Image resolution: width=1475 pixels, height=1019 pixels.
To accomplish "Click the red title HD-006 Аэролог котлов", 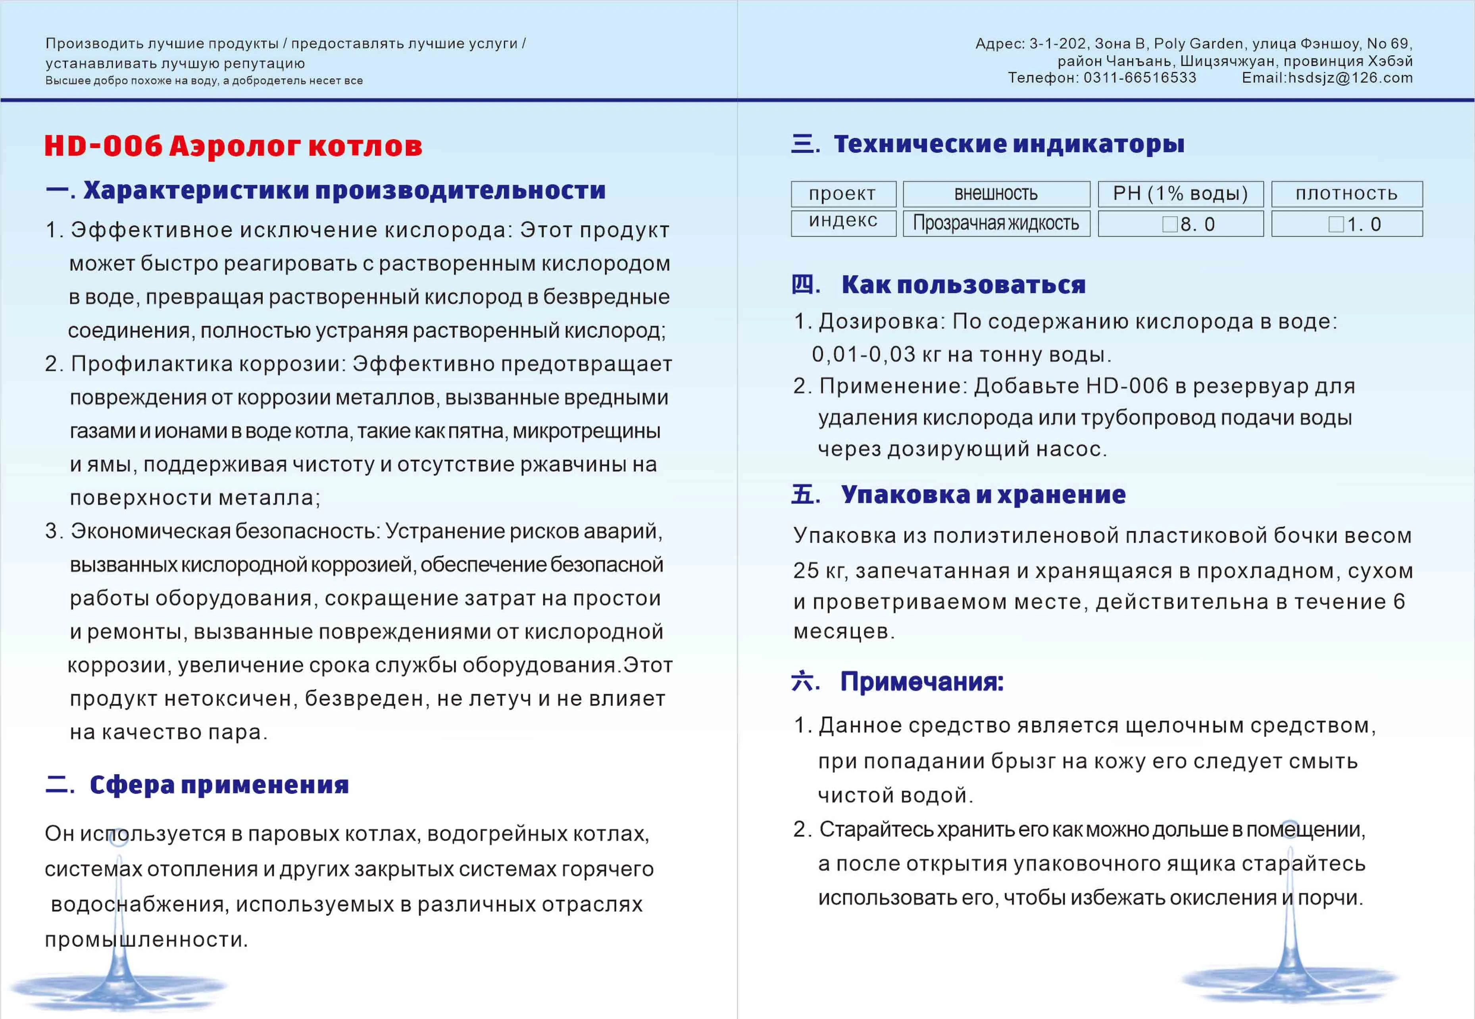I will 233,146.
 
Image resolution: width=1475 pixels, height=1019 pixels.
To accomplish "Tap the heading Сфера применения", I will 219,785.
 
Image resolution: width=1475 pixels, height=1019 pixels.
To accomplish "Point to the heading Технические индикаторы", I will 1008,144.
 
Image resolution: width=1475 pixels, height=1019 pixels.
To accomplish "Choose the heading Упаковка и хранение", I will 983,495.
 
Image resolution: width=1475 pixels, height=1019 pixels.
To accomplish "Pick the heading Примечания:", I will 922,682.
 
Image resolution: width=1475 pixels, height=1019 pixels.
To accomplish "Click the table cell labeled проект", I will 842,193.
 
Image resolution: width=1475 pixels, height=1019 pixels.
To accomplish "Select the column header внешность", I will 996,193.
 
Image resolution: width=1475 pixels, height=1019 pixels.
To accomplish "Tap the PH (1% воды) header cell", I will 1180,193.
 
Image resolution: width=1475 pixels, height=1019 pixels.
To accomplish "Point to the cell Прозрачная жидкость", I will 996,223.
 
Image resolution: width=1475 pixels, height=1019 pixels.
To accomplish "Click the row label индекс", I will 842,221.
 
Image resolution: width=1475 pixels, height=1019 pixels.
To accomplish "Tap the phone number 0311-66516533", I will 1139,78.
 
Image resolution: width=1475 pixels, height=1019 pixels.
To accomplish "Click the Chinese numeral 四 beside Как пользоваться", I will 804,284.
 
